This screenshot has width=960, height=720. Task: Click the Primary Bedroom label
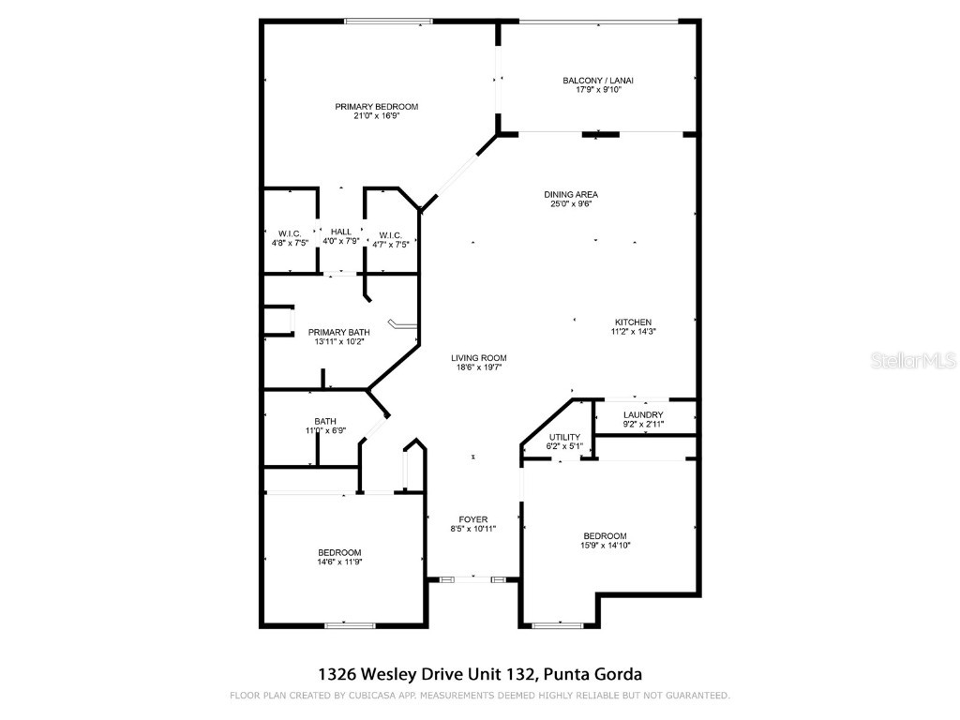coord(376,107)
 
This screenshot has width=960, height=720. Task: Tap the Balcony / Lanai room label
coord(598,81)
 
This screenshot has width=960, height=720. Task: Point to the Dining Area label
coord(571,195)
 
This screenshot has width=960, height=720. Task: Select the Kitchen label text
coord(633,322)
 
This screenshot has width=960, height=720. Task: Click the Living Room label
coord(478,358)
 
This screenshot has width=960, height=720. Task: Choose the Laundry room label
coord(643,414)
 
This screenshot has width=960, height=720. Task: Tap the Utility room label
coord(565,437)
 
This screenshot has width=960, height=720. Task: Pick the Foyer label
coord(472,519)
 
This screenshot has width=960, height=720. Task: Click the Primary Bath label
coord(338,332)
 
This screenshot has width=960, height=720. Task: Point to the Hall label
coord(341,232)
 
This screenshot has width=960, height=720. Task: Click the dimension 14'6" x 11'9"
coord(339,562)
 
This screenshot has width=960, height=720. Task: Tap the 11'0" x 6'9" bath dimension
coord(325,430)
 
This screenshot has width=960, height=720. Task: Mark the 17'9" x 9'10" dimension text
coord(598,90)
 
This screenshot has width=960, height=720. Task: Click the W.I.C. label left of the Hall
coord(288,233)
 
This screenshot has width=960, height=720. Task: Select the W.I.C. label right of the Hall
coord(390,234)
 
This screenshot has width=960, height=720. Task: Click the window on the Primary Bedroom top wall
coord(381,22)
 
